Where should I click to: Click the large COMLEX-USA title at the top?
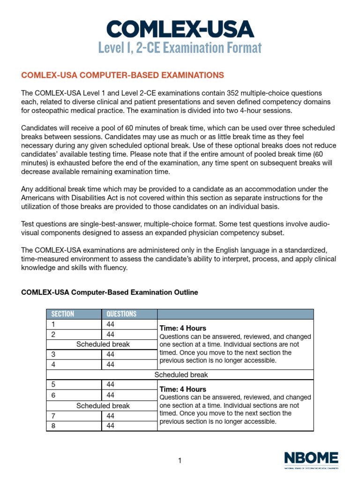tap(180, 29)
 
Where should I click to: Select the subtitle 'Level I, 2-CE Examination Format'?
tap(180, 48)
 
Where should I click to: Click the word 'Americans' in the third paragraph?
tap(37, 197)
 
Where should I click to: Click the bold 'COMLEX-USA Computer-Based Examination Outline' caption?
tap(110, 292)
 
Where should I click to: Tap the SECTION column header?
tap(63, 314)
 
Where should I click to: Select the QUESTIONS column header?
tap(121, 314)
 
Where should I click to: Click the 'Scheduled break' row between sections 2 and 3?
tap(103, 344)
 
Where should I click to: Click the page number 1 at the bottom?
tap(180, 461)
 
